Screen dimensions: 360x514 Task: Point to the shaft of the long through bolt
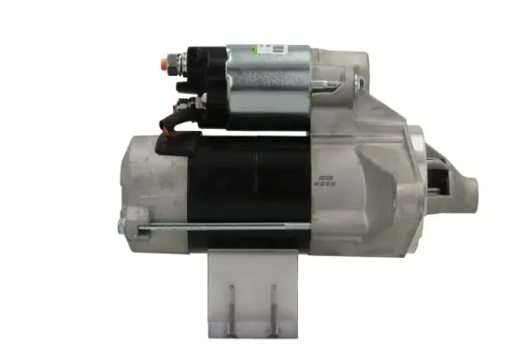tap(215, 225)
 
